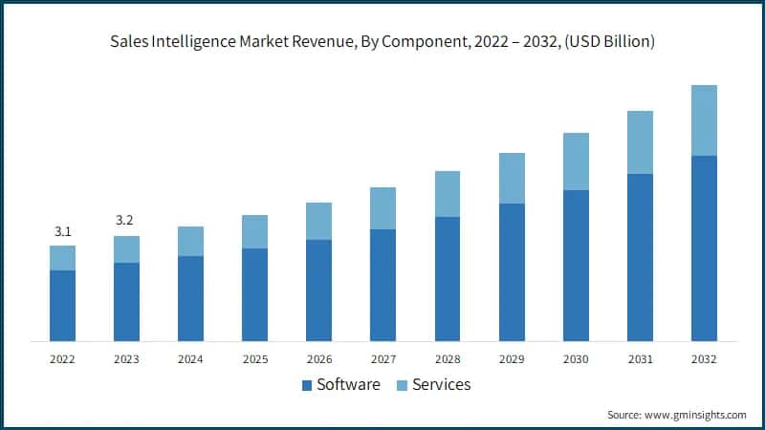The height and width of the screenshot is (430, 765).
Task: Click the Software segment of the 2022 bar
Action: tap(62, 306)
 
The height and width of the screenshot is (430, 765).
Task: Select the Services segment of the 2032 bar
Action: tap(704, 120)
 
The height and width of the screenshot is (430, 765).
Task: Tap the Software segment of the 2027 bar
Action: tap(382, 285)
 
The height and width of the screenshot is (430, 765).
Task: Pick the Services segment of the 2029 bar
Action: tap(512, 178)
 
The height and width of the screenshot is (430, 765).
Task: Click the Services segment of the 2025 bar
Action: tap(254, 231)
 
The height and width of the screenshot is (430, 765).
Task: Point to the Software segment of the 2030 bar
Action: tap(576, 265)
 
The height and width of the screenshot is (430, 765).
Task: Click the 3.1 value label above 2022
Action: tap(62, 231)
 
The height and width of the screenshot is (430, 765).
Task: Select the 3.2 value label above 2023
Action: tap(125, 221)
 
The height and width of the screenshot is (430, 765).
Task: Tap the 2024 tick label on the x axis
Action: tap(190, 359)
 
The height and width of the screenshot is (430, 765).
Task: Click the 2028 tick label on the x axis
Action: tap(447, 359)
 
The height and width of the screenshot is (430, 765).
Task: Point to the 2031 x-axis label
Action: tap(640, 359)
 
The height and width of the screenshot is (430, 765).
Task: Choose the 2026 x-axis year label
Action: tap(318, 359)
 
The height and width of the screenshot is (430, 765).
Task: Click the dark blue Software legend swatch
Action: tap(307, 385)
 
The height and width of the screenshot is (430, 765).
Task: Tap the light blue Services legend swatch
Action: tap(403, 385)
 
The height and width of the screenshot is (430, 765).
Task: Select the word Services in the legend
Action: tap(441, 385)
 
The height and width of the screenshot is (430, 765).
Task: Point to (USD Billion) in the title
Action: tap(607, 42)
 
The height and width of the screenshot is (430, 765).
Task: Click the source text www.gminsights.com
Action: tap(694, 415)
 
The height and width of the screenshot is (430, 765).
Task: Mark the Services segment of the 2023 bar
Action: tap(126, 249)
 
